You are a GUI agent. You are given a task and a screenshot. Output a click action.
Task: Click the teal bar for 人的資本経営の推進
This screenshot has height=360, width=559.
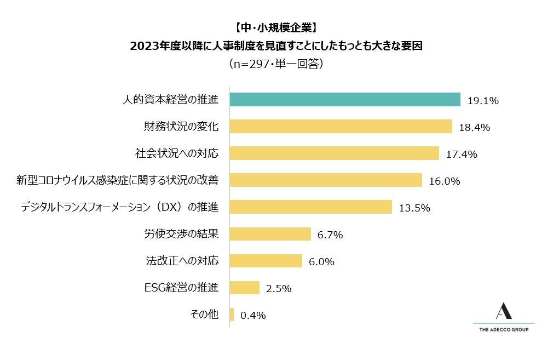345,100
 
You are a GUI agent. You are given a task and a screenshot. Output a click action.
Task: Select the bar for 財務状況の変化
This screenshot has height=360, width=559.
341,127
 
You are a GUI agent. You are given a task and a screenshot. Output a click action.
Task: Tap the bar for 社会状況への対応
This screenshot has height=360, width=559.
334,153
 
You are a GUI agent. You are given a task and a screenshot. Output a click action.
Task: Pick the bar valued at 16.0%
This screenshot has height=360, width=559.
326,180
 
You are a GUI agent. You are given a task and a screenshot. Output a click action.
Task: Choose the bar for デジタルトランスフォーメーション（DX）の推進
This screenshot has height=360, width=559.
310,207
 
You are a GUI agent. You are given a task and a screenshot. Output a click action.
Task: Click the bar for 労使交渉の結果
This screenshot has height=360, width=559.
270,234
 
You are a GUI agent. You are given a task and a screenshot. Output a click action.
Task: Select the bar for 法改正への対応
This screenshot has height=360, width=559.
266,261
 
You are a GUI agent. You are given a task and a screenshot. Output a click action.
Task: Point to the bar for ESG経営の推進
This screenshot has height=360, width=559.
244,288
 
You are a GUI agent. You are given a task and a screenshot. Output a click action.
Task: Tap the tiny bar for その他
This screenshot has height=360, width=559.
232,315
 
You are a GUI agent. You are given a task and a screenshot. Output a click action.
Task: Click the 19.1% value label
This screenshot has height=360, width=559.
483,101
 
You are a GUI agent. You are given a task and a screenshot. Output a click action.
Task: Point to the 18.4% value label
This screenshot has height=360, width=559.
474,128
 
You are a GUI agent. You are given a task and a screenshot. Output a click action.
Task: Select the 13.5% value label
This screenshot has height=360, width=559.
414,208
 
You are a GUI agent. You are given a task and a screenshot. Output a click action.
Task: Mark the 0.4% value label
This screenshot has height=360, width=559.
253,316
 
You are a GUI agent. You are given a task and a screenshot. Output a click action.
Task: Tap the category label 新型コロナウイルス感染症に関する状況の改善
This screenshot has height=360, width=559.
118,180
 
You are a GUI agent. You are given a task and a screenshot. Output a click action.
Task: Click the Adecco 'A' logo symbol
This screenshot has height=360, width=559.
504,311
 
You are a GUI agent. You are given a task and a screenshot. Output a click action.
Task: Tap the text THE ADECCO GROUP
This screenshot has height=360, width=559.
504,329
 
